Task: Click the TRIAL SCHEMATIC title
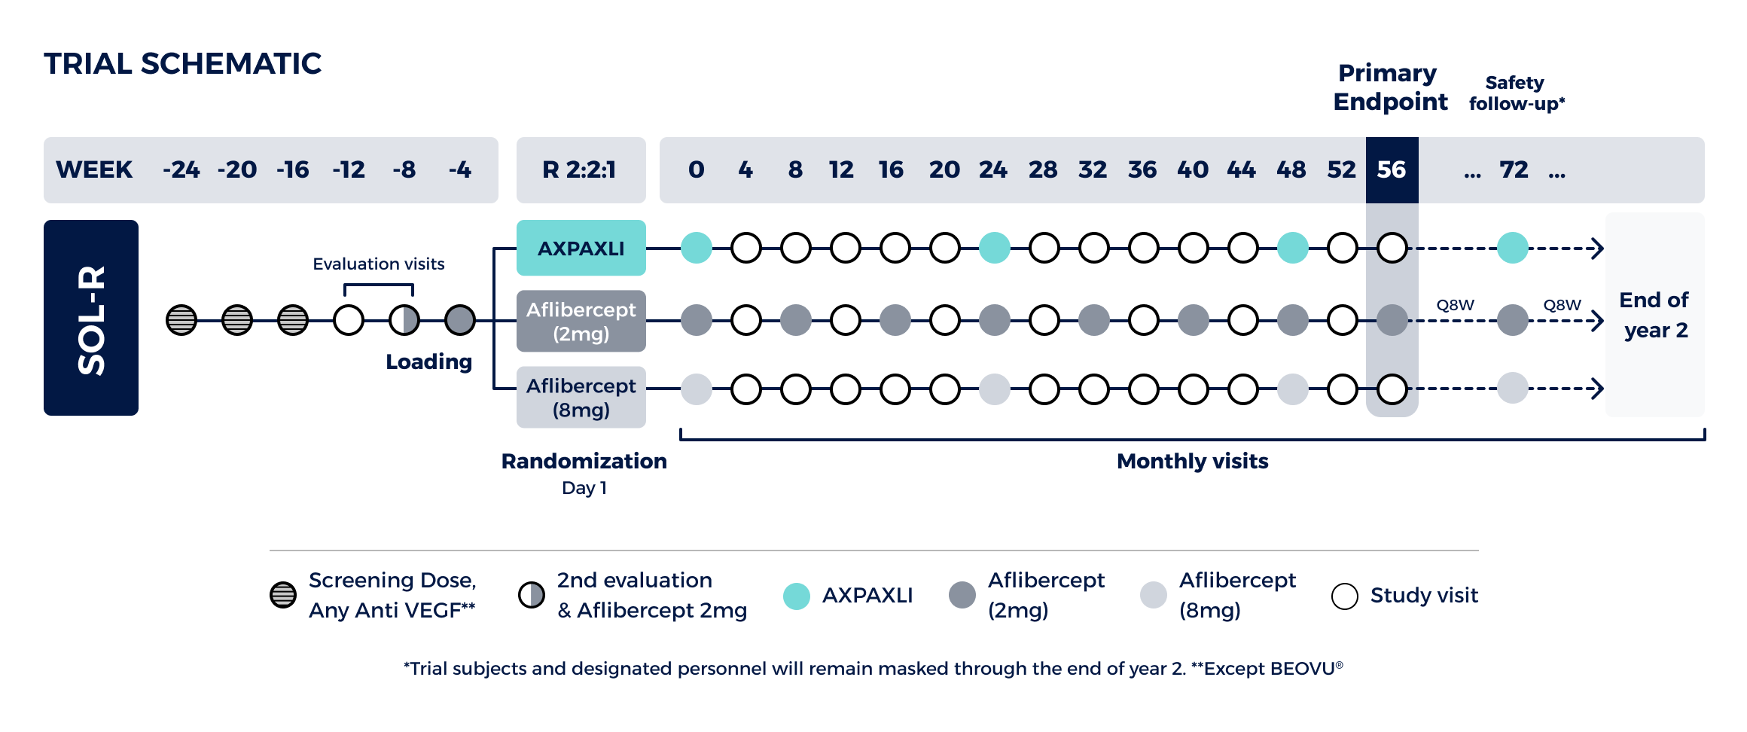point(183,64)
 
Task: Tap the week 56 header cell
point(1392,169)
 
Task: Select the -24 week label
point(181,169)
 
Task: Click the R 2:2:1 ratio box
point(581,169)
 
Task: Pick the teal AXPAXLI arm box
point(581,248)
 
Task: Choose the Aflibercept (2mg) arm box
point(581,321)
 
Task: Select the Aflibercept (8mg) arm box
point(581,397)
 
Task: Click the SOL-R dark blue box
point(91,318)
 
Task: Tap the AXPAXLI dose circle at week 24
point(994,248)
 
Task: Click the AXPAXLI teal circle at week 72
point(1512,248)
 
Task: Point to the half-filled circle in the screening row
point(404,320)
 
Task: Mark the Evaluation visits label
point(379,264)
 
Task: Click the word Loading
point(429,362)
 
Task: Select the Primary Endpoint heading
point(1390,87)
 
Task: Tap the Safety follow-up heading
point(1517,93)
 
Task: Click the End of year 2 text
point(1654,315)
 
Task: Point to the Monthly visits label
point(1193,461)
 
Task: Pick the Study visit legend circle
point(1344,596)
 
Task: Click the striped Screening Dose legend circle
point(283,595)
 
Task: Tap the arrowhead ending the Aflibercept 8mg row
point(1596,389)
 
